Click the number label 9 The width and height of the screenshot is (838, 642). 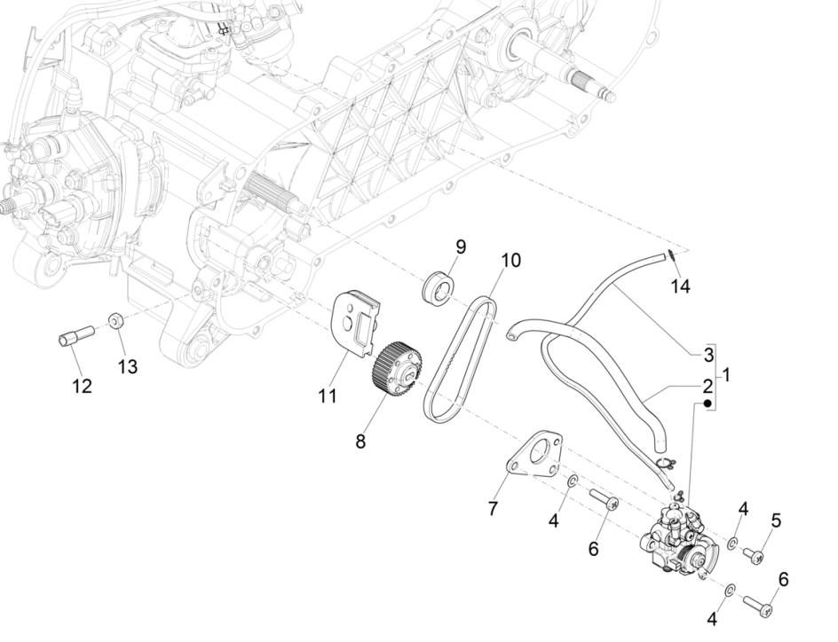pos(461,246)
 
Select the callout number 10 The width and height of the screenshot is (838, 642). pos(510,261)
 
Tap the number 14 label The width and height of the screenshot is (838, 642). pos(679,286)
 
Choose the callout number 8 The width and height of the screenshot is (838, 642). pos(360,441)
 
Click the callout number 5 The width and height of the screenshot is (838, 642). pos(775,521)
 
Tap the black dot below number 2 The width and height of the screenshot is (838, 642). pos(708,404)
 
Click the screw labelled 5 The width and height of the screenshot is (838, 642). pos(754,555)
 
